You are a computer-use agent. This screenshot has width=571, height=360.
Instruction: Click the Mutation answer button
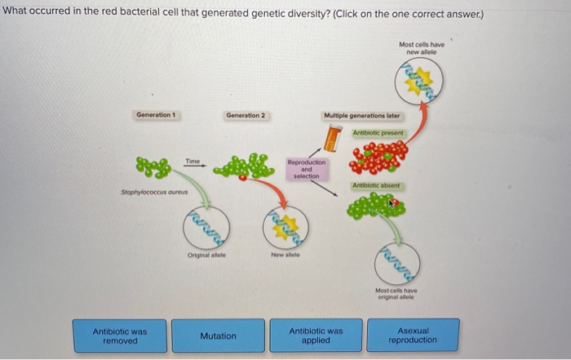(218, 336)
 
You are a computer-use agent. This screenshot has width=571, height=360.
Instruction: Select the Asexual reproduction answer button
(412, 335)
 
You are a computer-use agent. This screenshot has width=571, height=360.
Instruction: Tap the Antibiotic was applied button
(316, 336)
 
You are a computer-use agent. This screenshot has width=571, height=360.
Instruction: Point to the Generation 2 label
(245, 115)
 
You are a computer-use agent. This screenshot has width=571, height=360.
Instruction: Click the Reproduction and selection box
(306, 169)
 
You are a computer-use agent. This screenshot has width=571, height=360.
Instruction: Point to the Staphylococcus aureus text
(148, 193)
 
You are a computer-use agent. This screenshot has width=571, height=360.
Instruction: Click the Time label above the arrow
(193, 161)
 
